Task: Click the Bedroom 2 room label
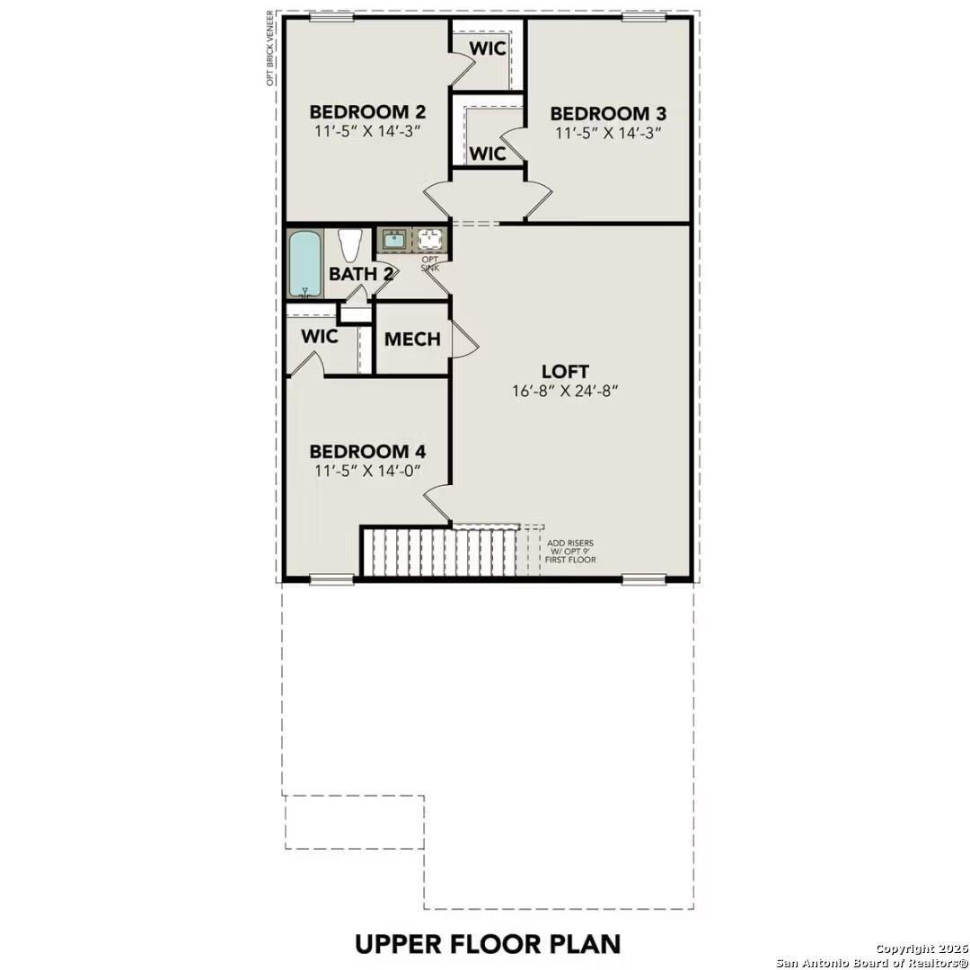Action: coord(366,112)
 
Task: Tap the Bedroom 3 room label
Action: coord(607,114)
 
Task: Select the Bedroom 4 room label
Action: coord(366,452)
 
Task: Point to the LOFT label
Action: coord(565,371)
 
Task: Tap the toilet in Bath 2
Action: coord(349,244)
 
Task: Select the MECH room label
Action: coord(412,339)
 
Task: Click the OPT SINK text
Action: coord(430,264)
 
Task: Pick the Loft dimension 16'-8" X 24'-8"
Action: coord(565,391)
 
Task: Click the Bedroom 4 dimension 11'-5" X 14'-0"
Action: coord(366,471)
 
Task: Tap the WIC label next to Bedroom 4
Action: coord(320,337)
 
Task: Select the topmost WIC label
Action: coord(489,48)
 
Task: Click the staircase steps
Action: coord(440,551)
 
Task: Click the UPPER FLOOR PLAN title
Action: coord(488,944)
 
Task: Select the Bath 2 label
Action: coord(360,274)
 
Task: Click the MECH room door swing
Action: coord(462,339)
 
